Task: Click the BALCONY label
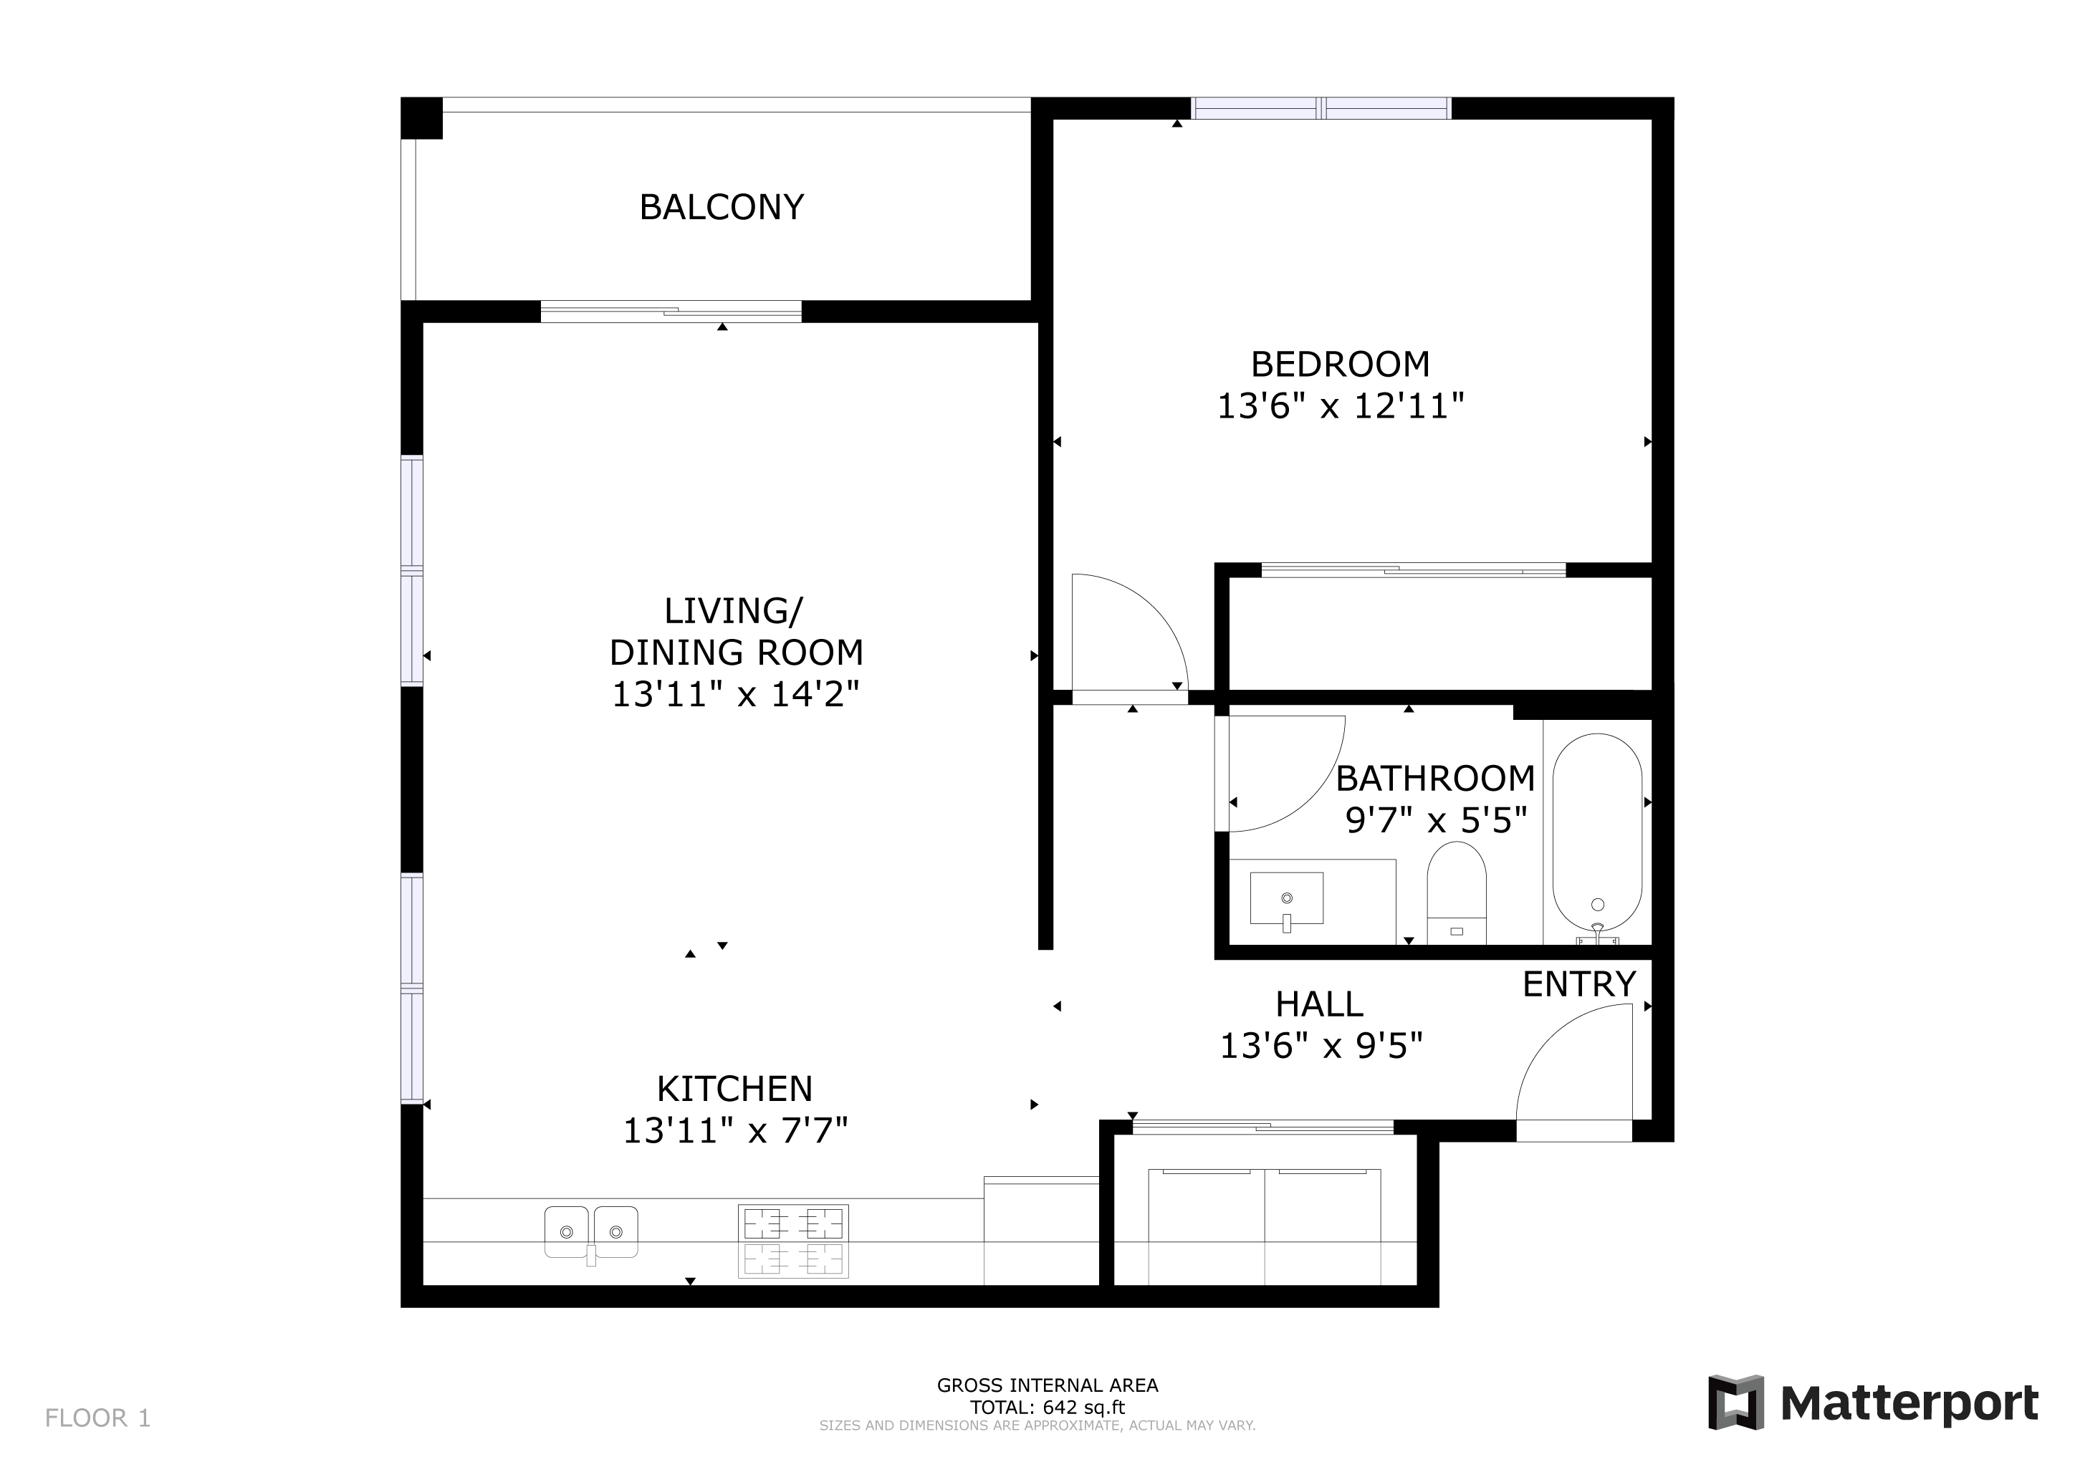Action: [x=722, y=208]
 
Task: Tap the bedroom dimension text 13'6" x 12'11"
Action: [x=1341, y=406]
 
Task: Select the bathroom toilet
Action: [x=1456, y=893]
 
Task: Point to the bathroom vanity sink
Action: [x=1286, y=899]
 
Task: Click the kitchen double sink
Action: [x=591, y=1233]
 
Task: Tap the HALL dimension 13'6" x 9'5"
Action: [x=1321, y=1046]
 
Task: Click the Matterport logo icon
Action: [x=1735, y=1402]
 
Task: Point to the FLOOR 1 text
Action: [x=97, y=1418]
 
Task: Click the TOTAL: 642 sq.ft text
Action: [x=1048, y=1407]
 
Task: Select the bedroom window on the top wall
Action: [x=1321, y=108]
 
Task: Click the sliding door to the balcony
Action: [x=671, y=312]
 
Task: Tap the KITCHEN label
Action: [x=734, y=1090]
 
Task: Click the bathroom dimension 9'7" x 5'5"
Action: [x=1436, y=820]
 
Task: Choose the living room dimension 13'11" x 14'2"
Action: [x=736, y=695]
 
